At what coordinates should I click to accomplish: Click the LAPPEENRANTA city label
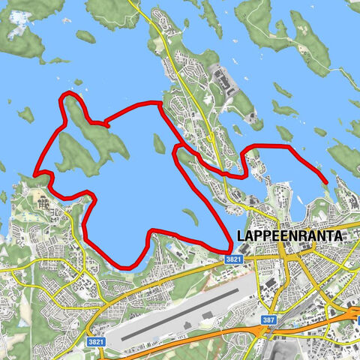coord(289,235)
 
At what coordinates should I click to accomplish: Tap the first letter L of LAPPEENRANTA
coord(240,235)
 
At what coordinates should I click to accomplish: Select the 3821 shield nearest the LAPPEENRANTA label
coord(233,259)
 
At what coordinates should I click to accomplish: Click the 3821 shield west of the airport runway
coord(95,341)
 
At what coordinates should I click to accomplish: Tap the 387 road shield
coord(268,320)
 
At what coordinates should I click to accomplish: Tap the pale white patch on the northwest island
coord(16,31)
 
